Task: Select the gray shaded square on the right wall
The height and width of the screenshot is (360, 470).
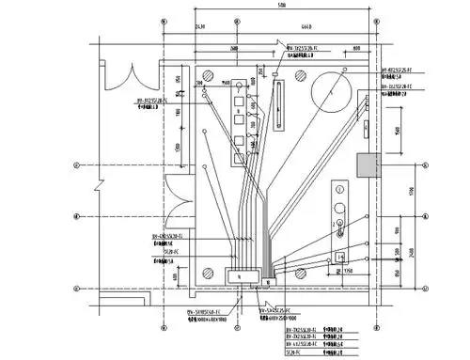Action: point(367,165)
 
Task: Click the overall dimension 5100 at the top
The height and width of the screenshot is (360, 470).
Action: point(283,8)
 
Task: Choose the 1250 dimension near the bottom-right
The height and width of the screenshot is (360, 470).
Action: point(348,272)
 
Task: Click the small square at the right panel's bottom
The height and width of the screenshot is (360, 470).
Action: point(339,255)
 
